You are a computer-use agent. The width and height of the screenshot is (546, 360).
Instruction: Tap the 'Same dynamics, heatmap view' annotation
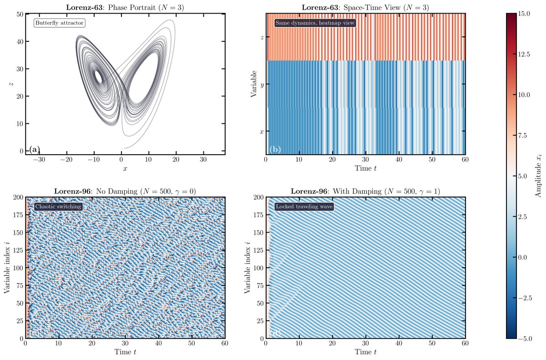click(x=315, y=23)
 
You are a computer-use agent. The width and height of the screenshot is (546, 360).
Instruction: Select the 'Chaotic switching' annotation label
click(x=58, y=207)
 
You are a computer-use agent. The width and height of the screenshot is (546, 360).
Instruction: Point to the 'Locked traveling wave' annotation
click(x=304, y=207)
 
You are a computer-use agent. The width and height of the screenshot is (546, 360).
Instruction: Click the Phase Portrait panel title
click(x=125, y=7)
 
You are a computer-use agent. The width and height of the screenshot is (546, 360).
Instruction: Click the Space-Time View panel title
click(x=365, y=7)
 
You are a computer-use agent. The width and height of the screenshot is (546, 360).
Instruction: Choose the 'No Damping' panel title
click(x=125, y=191)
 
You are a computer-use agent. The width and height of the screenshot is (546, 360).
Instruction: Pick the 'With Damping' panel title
click(x=365, y=191)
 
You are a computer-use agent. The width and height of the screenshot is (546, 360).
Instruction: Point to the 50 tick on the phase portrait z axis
click(x=20, y=14)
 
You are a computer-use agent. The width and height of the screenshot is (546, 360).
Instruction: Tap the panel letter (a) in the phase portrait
click(x=35, y=149)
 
